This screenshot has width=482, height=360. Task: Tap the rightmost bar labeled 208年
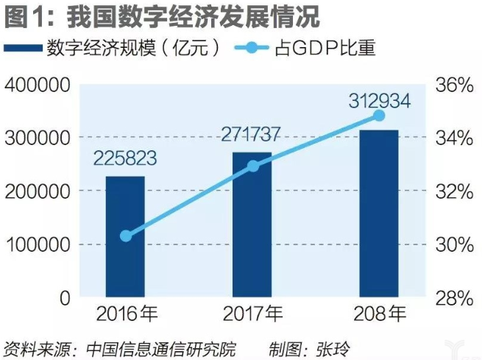(x=379, y=213)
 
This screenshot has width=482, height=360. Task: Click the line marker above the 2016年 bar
(x=126, y=236)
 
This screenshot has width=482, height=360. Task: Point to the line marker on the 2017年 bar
(x=252, y=166)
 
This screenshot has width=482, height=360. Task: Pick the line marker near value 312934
(x=379, y=116)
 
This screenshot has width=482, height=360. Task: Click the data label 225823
(x=126, y=158)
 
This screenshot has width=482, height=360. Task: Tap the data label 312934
(x=378, y=97)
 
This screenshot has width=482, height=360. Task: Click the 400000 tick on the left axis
(x=36, y=85)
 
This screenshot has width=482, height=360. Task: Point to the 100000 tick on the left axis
(x=36, y=244)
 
